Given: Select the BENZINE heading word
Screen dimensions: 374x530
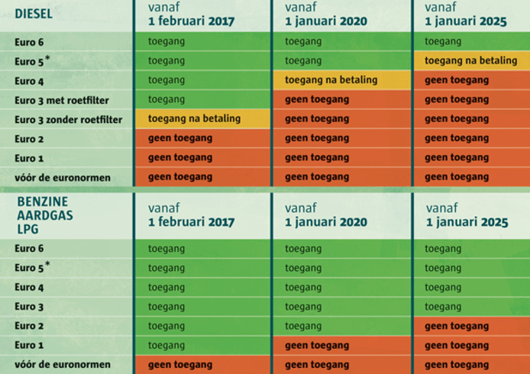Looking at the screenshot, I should [x=40, y=202].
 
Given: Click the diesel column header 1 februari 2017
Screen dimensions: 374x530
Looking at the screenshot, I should [x=191, y=14].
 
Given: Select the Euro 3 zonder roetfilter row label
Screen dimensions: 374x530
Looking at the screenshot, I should [x=67, y=119].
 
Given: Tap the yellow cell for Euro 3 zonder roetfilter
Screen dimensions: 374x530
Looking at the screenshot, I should [x=202, y=118].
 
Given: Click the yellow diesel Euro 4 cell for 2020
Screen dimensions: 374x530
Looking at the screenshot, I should [x=341, y=79].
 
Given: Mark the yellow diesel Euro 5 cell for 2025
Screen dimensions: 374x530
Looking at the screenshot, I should [x=470, y=60].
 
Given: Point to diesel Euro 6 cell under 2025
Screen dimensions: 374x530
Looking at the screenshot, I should [x=470, y=41].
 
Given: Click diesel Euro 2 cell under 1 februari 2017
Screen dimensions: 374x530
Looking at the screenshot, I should [x=202, y=138].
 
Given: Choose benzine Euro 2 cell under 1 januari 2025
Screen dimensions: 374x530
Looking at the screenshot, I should [x=470, y=326].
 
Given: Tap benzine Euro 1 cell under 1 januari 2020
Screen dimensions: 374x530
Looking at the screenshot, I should [x=341, y=345].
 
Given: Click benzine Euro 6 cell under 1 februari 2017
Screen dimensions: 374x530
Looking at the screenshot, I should [x=202, y=249].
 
